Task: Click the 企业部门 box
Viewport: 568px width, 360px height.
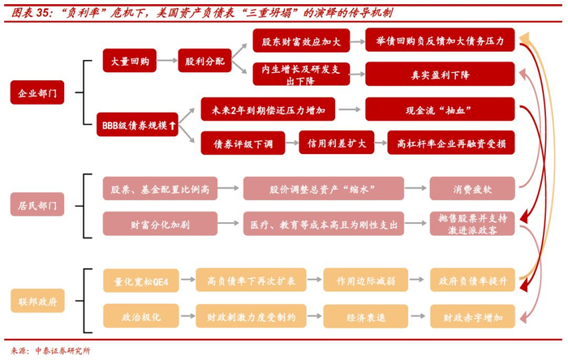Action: click(37, 92)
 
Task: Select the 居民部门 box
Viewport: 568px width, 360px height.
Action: click(37, 204)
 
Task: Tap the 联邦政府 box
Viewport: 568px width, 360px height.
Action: click(37, 301)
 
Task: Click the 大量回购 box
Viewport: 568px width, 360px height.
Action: click(130, 61)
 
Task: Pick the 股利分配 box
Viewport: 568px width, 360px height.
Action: click(204, 61)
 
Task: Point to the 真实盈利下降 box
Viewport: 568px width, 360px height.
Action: click(440, 74)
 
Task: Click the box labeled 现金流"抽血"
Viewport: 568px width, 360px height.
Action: click(440, 109)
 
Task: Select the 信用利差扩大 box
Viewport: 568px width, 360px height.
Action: click(337, 143)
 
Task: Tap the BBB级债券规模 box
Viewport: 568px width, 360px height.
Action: click(137, 125)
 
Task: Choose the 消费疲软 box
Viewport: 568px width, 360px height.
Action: click(472, 188)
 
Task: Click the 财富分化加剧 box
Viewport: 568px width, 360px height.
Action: click(160, 224)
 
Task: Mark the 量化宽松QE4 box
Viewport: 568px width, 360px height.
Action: click(141, 281)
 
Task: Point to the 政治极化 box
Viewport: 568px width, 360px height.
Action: click(141, 316)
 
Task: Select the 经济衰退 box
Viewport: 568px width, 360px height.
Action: click(365, 316)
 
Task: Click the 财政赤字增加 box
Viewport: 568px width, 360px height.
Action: click(472, 316)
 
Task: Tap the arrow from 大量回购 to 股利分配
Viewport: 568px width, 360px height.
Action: click(167, 61)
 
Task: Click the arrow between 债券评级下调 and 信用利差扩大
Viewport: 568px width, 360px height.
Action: click(292, 143)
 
